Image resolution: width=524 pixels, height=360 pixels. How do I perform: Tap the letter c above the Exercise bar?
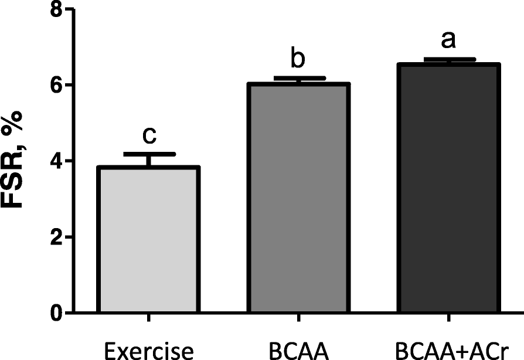(x=149, y=135)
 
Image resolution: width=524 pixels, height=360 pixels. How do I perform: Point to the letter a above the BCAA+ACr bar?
(x=449, y=40)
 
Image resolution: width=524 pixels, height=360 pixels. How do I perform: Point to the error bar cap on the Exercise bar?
(x=149, y=154)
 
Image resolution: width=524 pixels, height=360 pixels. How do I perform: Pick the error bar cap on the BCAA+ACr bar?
(x=449, y=59)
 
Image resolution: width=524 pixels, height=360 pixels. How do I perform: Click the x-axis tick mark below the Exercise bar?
(x=149, y=320)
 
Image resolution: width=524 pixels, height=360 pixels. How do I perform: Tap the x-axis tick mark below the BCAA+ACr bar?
(x=449, y=320)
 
